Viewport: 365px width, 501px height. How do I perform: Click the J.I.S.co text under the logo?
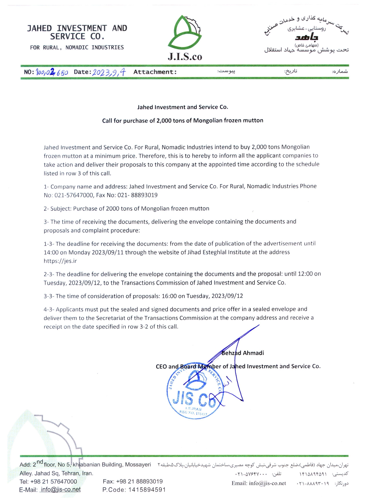click(185, 57)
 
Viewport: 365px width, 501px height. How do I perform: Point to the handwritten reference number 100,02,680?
click(52, 72)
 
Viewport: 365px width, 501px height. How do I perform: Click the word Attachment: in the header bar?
click(155, 72)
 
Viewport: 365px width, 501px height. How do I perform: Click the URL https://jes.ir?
click(60, 261)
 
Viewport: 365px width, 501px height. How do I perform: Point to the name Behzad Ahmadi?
click(243, 353)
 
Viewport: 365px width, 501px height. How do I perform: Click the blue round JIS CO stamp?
click(194, 394)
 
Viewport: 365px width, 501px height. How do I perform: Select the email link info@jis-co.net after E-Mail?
click(60, 489)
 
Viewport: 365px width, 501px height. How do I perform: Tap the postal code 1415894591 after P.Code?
click(147, 490)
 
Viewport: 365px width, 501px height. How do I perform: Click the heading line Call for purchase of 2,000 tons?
click(182, 121)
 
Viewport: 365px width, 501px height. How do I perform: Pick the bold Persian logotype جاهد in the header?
click(306, 37)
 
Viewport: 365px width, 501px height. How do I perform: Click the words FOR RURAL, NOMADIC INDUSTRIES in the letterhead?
click(77, 47)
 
